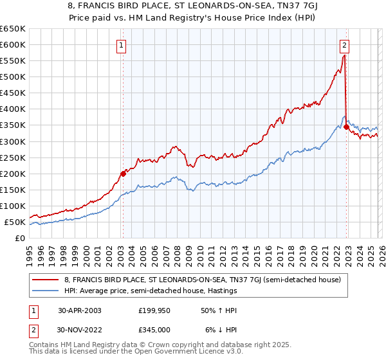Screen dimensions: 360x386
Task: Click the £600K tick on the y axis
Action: [13, 44]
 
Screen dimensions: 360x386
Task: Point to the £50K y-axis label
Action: [15, 222]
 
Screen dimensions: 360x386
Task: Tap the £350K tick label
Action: [13, 125]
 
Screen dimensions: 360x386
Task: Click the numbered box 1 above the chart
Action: [122, 45]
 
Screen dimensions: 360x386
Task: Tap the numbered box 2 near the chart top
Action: [345, 45]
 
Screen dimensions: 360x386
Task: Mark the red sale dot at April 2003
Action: [123, 173]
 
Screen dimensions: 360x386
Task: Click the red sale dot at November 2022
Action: [346, 127]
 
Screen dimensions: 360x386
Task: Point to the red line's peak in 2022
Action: [344, 56]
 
